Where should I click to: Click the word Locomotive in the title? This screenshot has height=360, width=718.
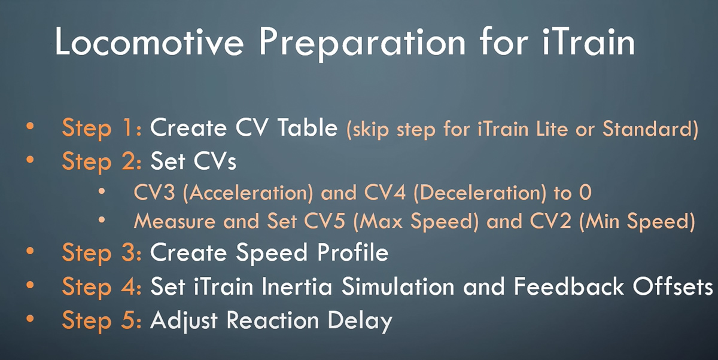point(150,42)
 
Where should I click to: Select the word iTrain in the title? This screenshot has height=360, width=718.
point(588,42)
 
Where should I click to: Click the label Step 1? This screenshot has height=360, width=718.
point(102,129)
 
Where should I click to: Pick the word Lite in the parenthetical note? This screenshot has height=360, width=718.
point(552,129)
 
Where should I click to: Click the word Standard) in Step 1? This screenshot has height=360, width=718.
point(650,129)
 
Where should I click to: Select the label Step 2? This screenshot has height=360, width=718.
point(102,161)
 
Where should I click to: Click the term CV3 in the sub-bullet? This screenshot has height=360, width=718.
point(154,193)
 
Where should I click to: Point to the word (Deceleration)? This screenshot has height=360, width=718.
point(480,193)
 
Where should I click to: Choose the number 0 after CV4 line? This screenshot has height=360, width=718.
point(585,193)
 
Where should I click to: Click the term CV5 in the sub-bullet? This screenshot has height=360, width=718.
point(324,221)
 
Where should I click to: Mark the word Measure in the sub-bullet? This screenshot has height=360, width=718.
point(175,221)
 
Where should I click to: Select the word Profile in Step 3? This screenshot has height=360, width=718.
point(352,252)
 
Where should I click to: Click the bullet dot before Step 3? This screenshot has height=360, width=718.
point(30,251)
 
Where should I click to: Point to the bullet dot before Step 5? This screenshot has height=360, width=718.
point(30,318)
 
